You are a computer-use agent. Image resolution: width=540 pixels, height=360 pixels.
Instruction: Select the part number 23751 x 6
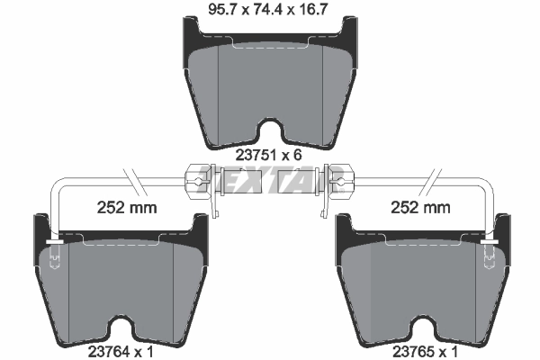click(x=266, y=155)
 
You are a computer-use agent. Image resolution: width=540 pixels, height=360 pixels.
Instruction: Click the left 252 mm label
click(x=126, y=209)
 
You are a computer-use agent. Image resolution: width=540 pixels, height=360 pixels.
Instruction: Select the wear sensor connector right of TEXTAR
click(x=337, y=180)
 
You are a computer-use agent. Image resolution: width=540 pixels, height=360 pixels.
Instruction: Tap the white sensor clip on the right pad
click(x=488, y=243)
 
